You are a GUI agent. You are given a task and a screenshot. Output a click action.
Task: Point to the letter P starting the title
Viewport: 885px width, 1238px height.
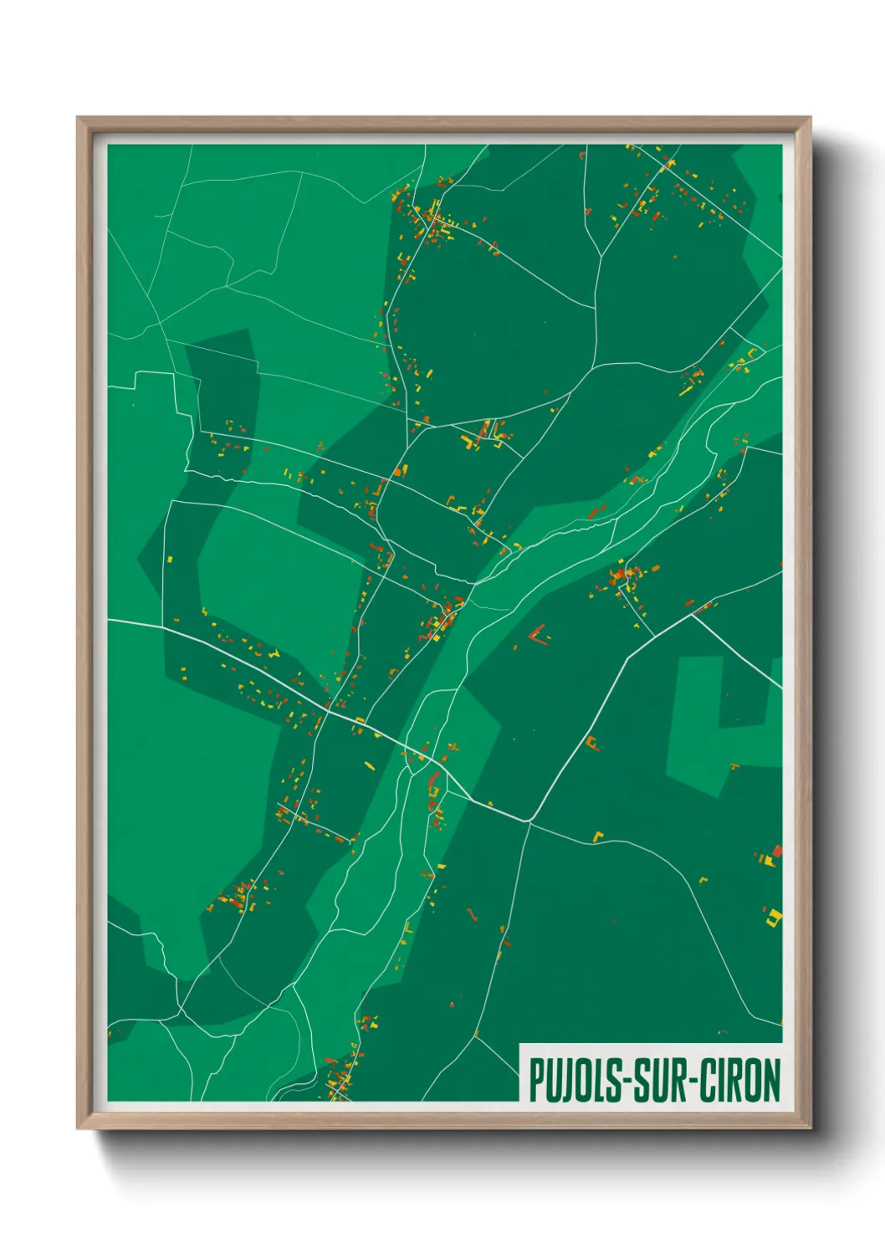click(536, 1080)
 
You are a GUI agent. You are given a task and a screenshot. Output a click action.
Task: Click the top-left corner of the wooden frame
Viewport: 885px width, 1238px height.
click(79, 119)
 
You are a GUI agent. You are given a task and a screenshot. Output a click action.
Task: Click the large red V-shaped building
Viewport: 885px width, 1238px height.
click(539, 635)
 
